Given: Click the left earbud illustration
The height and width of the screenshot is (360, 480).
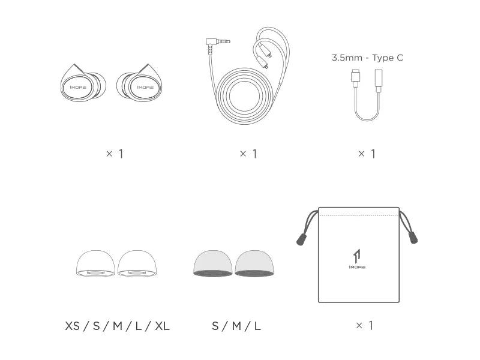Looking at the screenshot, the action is pyautogui.click(x=83, y=83).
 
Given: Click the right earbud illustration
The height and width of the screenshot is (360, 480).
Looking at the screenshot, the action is pyautogui.click(x=139, y=83).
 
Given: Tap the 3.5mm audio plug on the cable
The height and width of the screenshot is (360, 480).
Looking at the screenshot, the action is pyautogui.click(x=218, y=42).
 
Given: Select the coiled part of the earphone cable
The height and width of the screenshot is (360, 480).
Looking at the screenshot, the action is pyautogui.click(x=244, y=96).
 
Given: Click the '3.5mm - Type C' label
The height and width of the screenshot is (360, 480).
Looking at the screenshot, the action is pyautogui.click(x=367, y=58).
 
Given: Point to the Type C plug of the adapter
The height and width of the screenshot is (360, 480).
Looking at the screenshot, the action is pyautogui.click(x=356, y=78).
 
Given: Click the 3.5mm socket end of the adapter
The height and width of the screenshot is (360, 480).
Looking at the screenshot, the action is pyautogui.click(x=379, y=80).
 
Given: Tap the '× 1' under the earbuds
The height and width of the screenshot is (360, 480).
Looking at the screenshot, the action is pyautogui.click(x=115, y=154).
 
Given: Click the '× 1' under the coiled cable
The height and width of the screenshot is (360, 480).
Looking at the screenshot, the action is pyautogui.click(x=248, y=154).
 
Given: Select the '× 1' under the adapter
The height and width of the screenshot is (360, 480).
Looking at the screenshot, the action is pyautogui.click(x=367, y=154).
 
